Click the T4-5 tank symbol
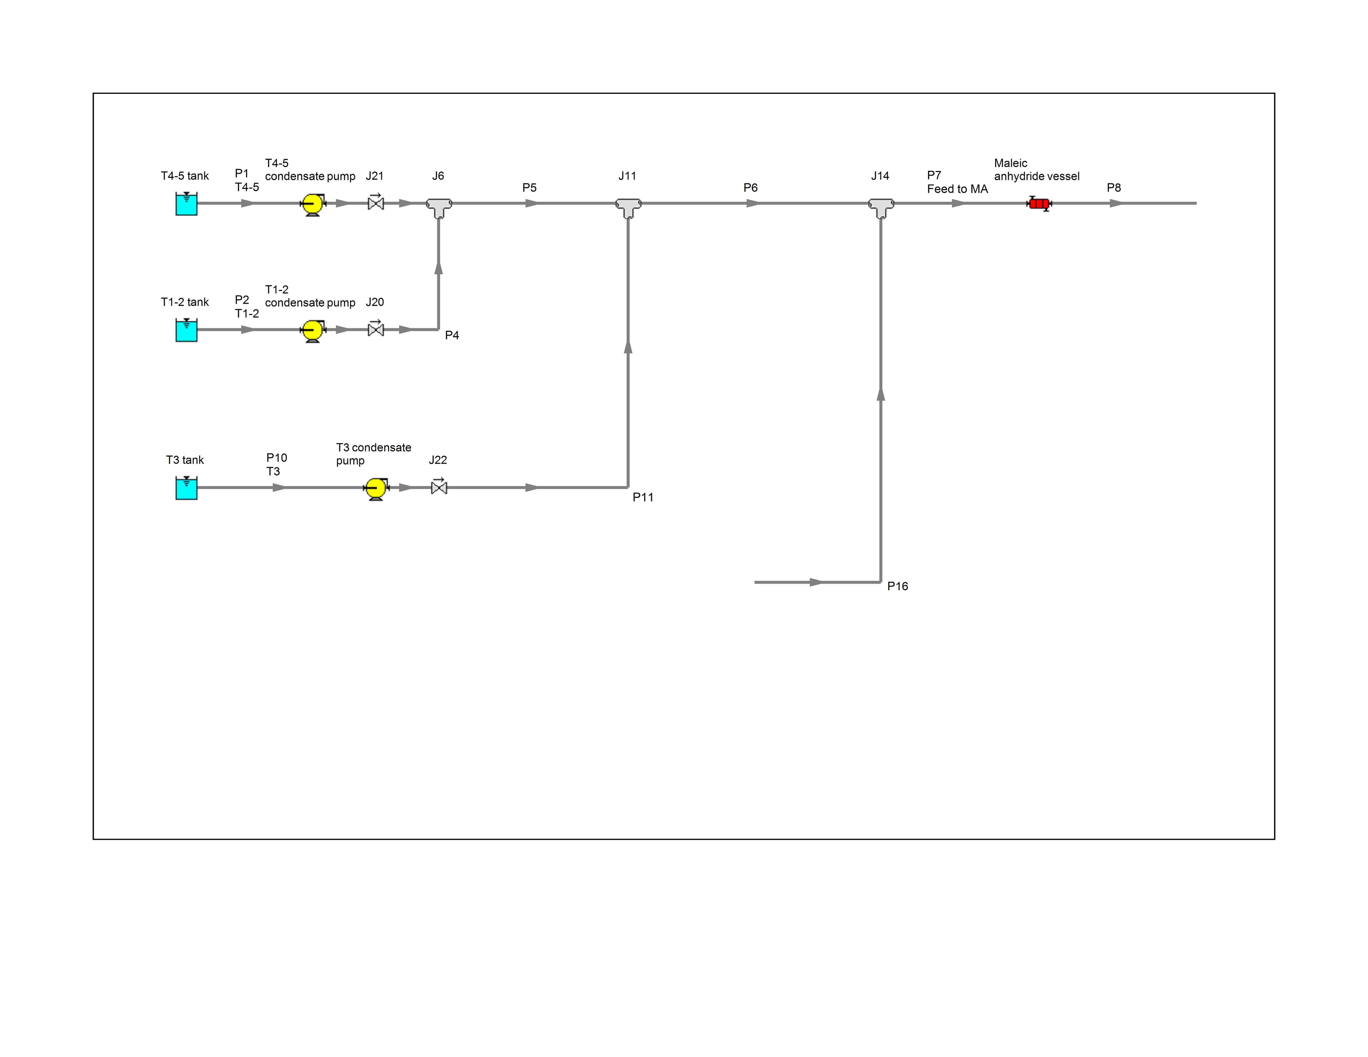(186, 204)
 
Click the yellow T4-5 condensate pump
(313, 204)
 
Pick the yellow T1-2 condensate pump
(313, 331)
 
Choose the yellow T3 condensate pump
(376, 488)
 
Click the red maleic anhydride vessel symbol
(1039, 204)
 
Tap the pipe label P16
(897, 586)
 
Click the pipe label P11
(643, 497)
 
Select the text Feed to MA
(957, 189)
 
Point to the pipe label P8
(1114, 188)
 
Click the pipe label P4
(452, 336)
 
